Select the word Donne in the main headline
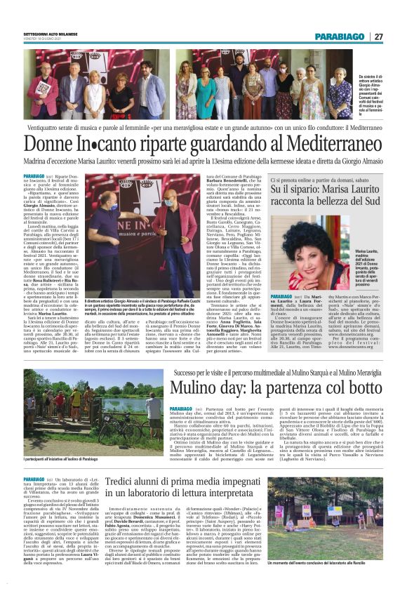pyautogui.click(x=50, y=144)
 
